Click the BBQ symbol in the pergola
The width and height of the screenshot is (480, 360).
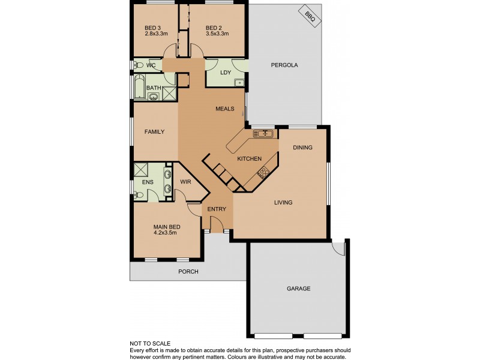[310, 17]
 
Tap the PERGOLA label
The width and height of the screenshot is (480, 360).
[284, 65]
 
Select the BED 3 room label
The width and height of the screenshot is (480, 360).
[153, 28]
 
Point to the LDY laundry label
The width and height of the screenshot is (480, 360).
[226, 73]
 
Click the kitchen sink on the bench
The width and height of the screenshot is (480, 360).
[263, 133]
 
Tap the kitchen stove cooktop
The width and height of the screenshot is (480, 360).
[263, 173]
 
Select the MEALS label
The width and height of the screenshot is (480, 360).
[225, 109]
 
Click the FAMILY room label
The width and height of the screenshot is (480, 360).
[154, 131]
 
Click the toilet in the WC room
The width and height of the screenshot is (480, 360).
[139, 65]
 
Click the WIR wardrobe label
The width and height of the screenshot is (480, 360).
[185, 182]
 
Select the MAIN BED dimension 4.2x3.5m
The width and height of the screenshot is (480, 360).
[165, 232]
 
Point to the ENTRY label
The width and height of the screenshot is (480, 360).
[216, 209]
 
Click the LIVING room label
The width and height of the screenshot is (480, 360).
[283, 202]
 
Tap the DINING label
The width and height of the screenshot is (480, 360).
[302, 148]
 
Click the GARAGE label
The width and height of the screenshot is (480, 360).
[298, 289]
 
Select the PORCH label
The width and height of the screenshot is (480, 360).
[188, 272]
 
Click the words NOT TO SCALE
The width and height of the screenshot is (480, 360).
[150, 344]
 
